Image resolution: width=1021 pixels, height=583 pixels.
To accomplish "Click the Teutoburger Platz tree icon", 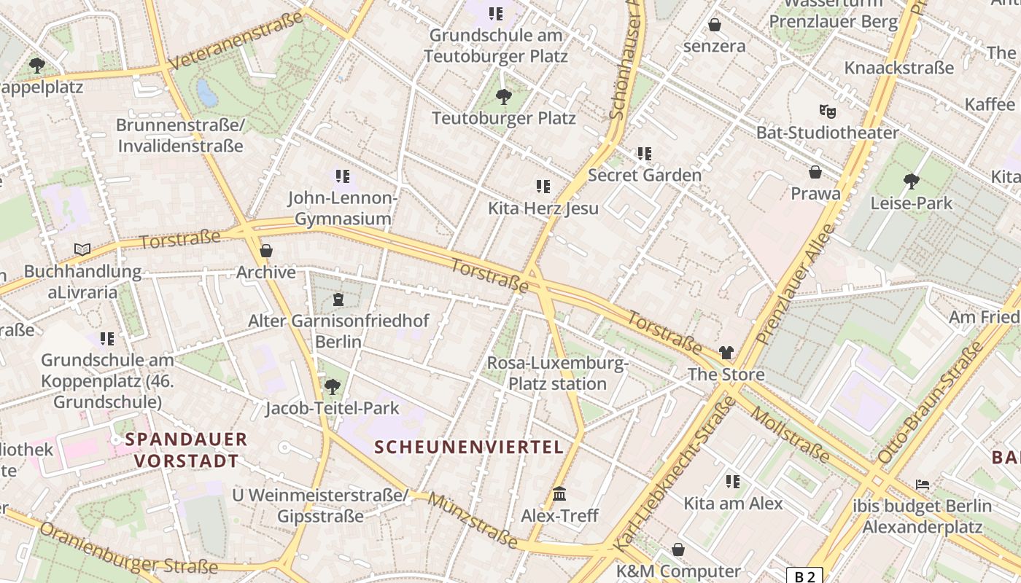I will pos(503,96).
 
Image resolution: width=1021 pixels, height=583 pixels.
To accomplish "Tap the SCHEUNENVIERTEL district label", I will pos(469,447).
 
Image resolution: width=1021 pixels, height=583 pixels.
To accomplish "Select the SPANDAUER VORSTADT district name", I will pos(186,450).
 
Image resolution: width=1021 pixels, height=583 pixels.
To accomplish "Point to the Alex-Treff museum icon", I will pos(559,494).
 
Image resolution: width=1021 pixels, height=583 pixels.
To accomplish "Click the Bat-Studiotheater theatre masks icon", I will pos(827,111).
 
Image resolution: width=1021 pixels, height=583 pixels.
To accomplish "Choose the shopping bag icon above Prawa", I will pos(815,172).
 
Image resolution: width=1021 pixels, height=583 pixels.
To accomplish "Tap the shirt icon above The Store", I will pos(726,353).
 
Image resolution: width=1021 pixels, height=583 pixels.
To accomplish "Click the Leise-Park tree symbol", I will pos(911,181).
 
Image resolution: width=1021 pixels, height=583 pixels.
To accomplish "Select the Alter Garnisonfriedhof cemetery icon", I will pos(338,299).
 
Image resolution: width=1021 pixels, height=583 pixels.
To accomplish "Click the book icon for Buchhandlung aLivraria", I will pos(82,249).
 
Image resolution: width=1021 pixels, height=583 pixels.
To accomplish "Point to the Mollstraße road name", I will pos(790,435).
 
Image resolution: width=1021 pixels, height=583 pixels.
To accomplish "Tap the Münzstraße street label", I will pos(473,520).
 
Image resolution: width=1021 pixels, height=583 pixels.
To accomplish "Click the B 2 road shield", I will pos(804,576).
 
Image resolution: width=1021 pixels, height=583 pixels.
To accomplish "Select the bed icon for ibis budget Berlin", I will pos(923,484).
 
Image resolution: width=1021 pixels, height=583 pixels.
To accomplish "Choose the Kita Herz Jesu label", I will pos(543,208).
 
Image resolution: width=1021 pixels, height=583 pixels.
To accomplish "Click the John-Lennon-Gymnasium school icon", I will pos(343,176).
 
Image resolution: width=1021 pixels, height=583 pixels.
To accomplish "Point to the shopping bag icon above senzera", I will pos(715,25).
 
